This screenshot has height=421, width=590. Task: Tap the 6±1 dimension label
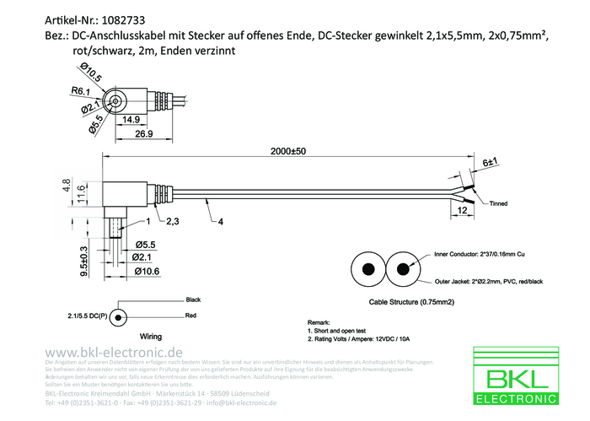(x=491, y=160)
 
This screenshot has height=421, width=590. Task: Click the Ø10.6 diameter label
(x=147, y=271)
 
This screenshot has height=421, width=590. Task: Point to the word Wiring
(x=150, y=335)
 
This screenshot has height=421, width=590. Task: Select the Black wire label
(x=193, y=300)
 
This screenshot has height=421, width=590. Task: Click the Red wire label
(x=191, y=316)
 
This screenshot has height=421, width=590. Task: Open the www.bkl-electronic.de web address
(x=114, y=352)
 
